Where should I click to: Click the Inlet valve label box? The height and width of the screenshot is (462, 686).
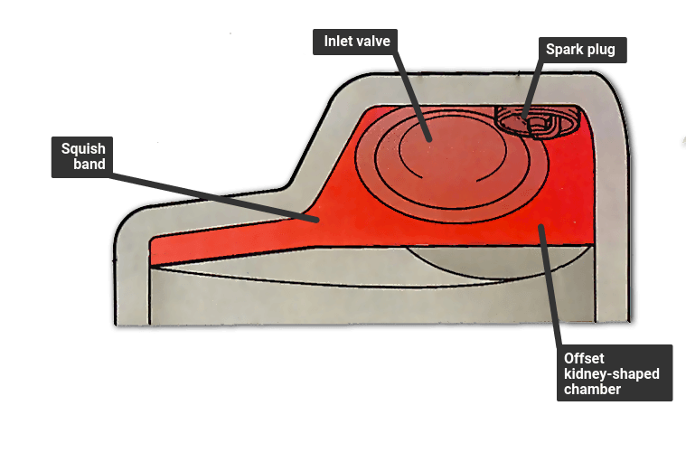tap(355, 42)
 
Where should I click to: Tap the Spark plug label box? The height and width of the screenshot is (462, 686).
tap(582, 50)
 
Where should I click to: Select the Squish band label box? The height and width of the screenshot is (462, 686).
tap(82, 157)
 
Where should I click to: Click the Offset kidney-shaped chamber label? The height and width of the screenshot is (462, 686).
tap(615, 372)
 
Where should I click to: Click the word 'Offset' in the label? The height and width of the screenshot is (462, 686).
tap(584, 359)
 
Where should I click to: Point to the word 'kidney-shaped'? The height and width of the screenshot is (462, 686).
tap(612, 374)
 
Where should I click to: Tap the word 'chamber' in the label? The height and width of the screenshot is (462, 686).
tap(592, 389)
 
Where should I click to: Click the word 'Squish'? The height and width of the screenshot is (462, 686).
tap(83, 149)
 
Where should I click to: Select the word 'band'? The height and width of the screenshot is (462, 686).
tap(89, 164)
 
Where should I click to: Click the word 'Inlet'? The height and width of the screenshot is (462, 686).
tap(337, 41)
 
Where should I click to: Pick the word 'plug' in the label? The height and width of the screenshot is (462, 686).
tap(601, 51)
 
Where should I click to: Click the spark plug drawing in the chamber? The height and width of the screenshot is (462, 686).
tap(537, 121)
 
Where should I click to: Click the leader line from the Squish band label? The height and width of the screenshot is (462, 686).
tap(213, 197)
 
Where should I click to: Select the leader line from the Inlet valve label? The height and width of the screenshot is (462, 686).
tap(412, 97)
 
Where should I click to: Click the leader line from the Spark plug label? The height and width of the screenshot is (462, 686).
tap(533, 90)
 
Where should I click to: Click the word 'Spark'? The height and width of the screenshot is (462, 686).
tap(565, 50)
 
